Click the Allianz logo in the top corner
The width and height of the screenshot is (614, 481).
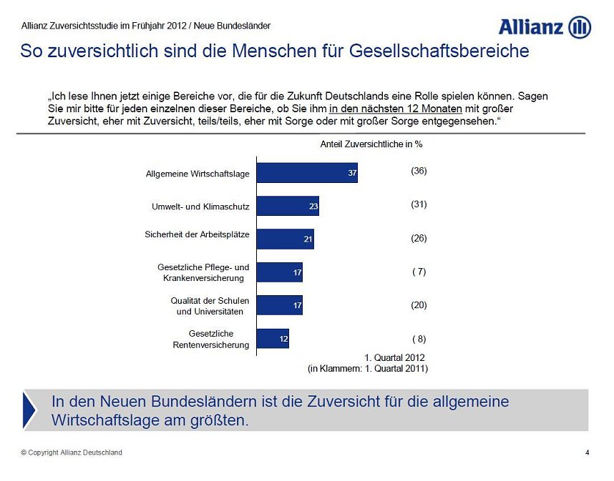coord(545,27)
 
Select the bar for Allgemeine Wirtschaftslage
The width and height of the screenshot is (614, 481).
coord(306,173)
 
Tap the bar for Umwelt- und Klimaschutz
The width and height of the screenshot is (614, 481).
coord(287,206)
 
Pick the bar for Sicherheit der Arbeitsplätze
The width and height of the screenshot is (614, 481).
coord(285,239)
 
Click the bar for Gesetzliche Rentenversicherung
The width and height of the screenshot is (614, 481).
coord(273,339)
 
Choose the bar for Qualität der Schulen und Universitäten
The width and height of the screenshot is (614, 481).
coord(279,305)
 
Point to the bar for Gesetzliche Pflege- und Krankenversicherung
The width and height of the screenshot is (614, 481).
coord(279,272)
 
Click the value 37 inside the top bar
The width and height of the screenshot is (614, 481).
coord(352,174)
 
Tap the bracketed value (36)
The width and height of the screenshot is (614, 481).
coord(419,171)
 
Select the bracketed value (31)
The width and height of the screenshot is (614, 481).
coord(419,204)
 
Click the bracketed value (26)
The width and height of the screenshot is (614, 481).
coord(419,238)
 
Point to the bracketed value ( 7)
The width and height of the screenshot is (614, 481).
coord(419,272)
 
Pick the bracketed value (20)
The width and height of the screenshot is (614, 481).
coord(419,305)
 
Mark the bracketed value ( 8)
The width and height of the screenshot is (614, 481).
coord(419,339)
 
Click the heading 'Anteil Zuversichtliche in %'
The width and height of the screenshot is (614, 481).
coord(371,144)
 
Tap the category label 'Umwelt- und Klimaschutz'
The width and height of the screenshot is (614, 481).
coord(200,207)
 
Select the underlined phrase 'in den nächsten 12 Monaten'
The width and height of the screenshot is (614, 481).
coord(396,109)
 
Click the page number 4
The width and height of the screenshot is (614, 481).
coord(588,452)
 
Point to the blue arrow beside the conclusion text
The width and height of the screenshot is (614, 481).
coord(29,410)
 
